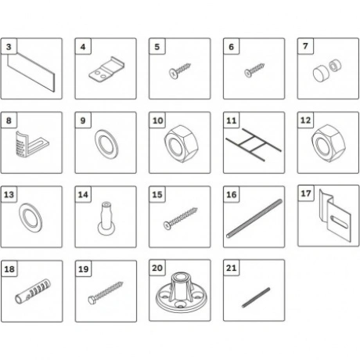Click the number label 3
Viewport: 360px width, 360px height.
pos(9,47)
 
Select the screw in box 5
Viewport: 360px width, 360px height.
pos(180,70)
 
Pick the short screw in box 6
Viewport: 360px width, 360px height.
pos(254,70)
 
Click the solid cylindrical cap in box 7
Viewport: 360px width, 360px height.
pos(319,74)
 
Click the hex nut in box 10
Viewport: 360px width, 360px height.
pos(181,144)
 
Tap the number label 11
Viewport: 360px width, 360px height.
pos(232,121)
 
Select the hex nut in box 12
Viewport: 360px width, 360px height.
pos(329,143)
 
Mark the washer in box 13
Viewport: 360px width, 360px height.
pos(31,218)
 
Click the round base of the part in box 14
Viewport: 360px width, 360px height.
pos(106,229)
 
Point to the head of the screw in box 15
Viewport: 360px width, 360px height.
pos(167,225)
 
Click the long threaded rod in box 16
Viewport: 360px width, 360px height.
pos(254,218)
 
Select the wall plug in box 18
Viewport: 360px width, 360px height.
pos(33,291)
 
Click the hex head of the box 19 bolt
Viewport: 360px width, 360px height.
pos(92,301)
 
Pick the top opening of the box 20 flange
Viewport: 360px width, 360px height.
pos(181,276)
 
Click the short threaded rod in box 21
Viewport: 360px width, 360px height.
pos(256,297)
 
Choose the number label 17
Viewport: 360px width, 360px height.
pos(306,193)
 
